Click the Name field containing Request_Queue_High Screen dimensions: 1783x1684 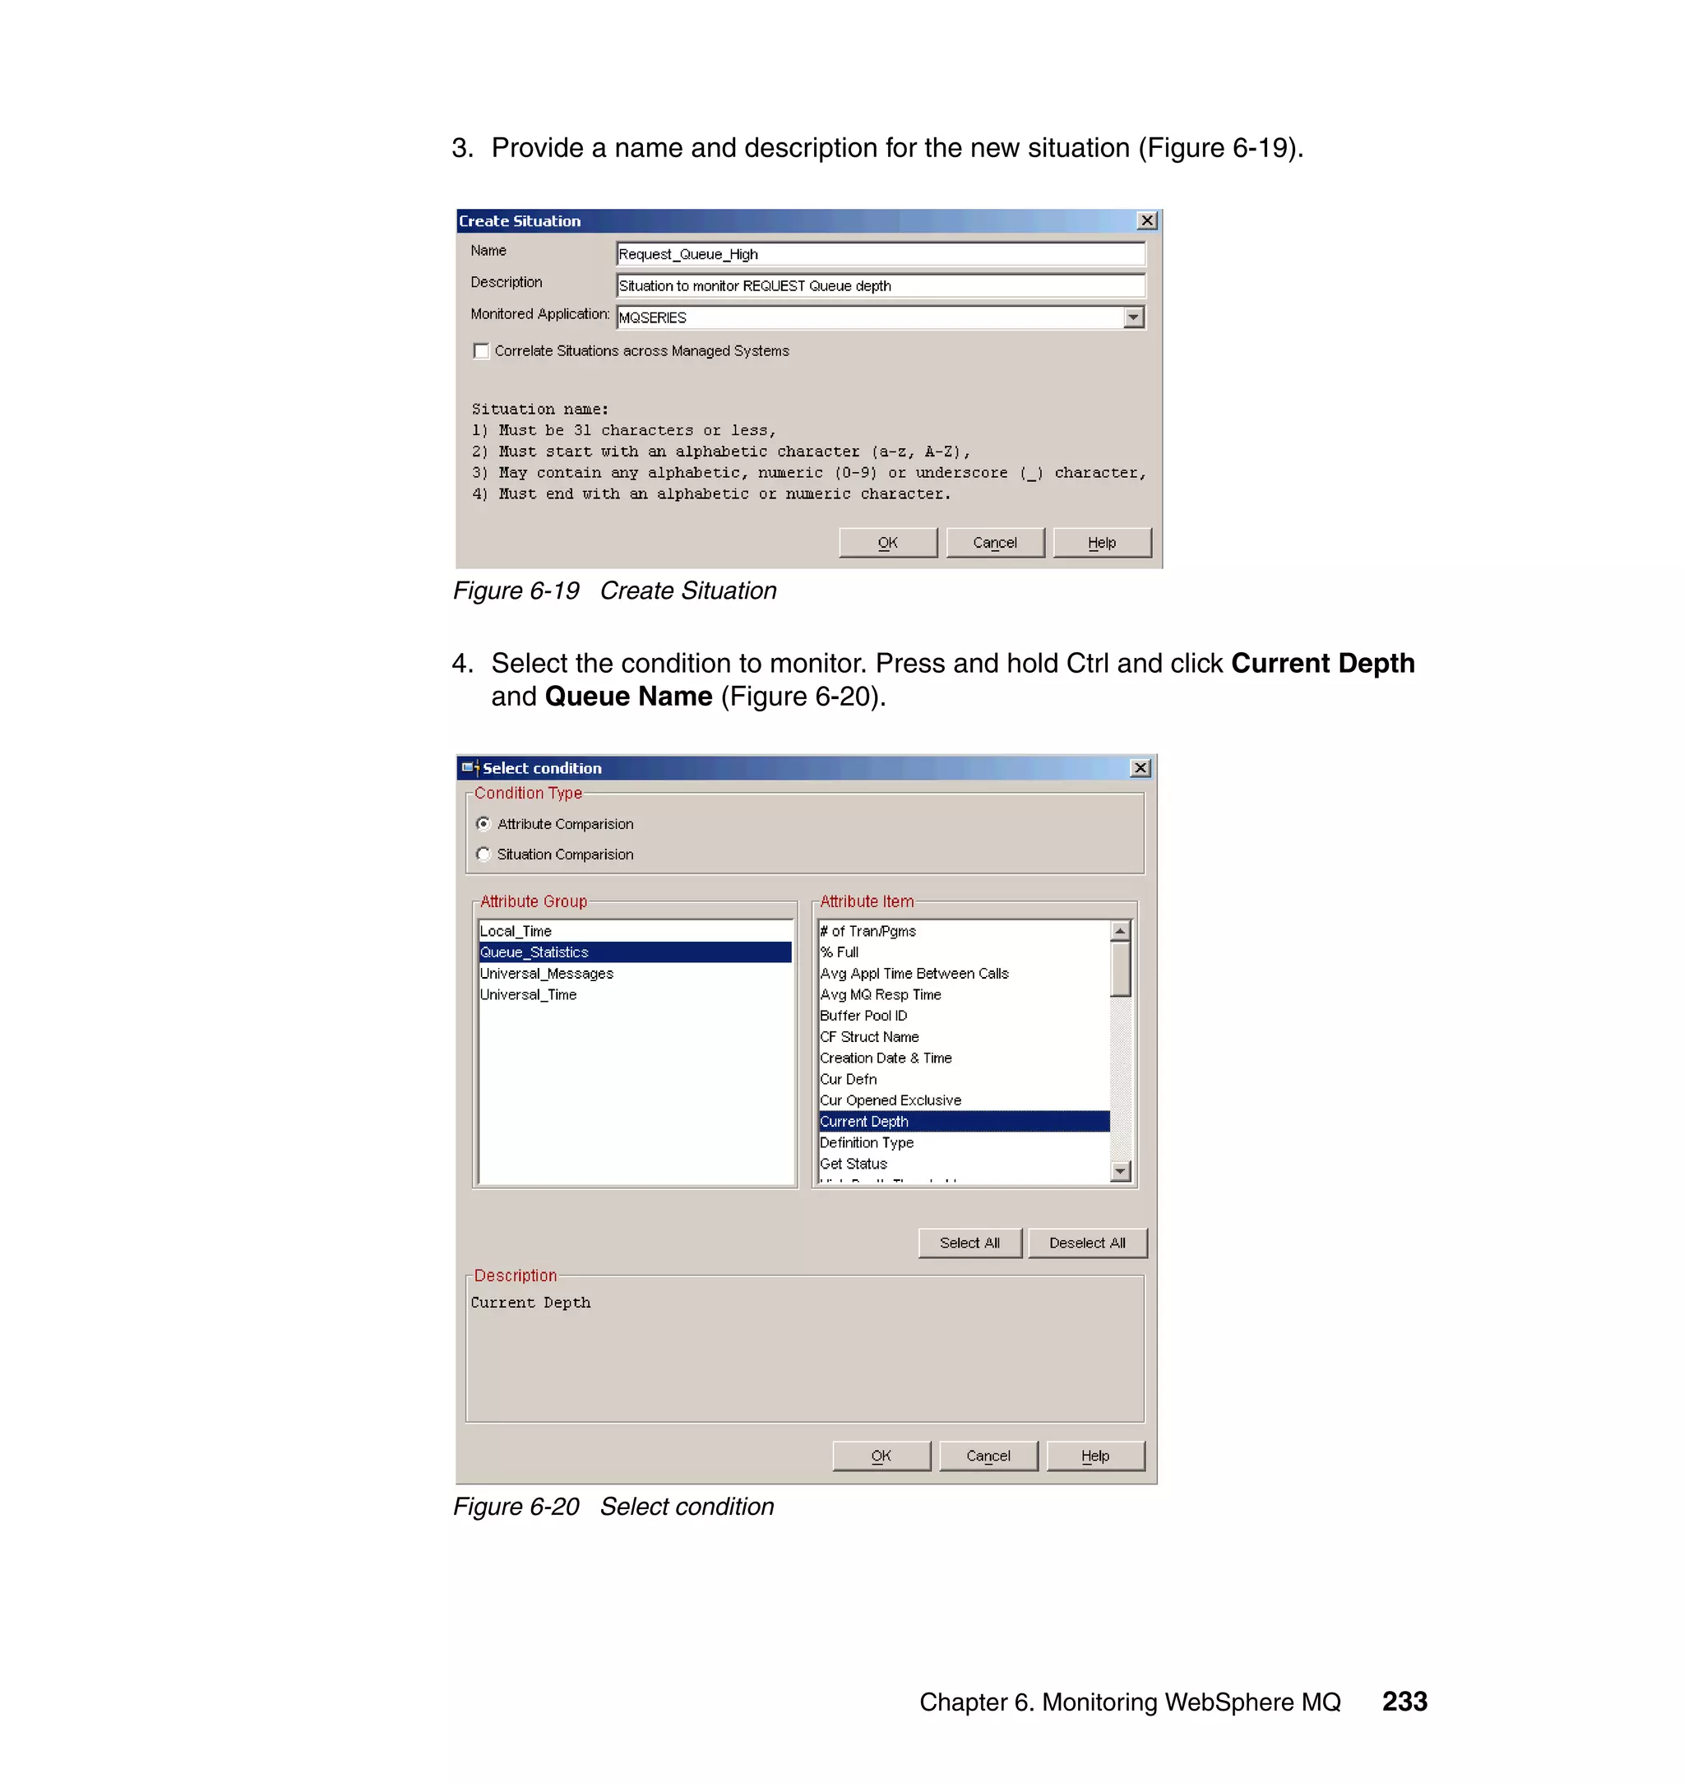(x=880, y=254)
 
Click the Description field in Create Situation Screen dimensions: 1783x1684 (x=880, y=285)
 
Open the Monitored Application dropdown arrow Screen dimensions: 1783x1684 (x=1134, y=317)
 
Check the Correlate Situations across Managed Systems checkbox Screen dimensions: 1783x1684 (x=481, y=351)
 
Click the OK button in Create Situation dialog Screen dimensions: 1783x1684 (x=887, y=542)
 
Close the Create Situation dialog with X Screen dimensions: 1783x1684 (x=1146, y=221)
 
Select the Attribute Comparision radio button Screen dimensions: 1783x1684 (x=483, y=823)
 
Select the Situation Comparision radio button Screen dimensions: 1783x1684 (x=483, y=854)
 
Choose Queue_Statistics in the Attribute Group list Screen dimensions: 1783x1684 (x=535, y=952)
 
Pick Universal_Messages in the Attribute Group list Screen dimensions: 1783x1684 (x=547, y=973)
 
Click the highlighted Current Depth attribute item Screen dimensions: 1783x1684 (x=864, y=1121)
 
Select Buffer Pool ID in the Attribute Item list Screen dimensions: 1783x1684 (x=863, y=1016)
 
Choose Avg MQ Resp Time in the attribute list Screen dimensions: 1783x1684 (x=881, y=995)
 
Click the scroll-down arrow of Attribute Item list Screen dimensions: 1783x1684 (x=1119, y=1171)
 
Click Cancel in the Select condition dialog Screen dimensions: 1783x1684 (x=988, y=1456)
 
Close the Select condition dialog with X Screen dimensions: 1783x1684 (x=1140, y=767)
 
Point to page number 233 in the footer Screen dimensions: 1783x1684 (x=1404, y=1702)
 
